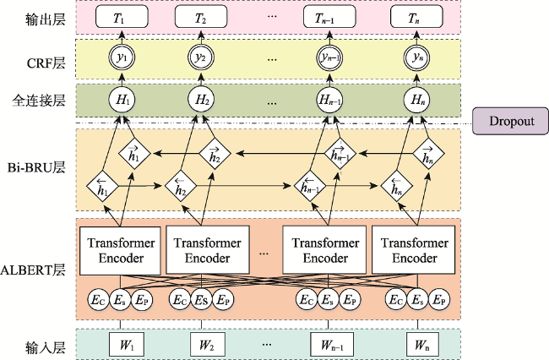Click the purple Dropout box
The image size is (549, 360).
510,121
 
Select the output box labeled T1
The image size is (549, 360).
122,17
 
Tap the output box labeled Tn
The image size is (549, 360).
416,17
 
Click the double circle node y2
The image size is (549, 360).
201,57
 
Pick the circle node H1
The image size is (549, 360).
122,100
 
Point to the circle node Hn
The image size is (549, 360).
416,100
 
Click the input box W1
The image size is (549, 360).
127,344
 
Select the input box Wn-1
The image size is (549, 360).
332,344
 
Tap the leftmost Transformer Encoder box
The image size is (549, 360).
120,251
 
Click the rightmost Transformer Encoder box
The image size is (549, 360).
414,249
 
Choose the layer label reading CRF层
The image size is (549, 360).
46,63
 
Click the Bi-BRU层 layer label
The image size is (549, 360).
36,167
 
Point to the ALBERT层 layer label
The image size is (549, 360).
33,270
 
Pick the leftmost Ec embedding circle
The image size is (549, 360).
98,300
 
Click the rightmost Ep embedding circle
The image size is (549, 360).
439,300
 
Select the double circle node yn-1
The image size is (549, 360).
329,57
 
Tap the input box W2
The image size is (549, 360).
208,344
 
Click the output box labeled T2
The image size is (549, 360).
201,17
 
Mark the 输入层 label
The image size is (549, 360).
46,347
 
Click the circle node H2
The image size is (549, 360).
201,100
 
